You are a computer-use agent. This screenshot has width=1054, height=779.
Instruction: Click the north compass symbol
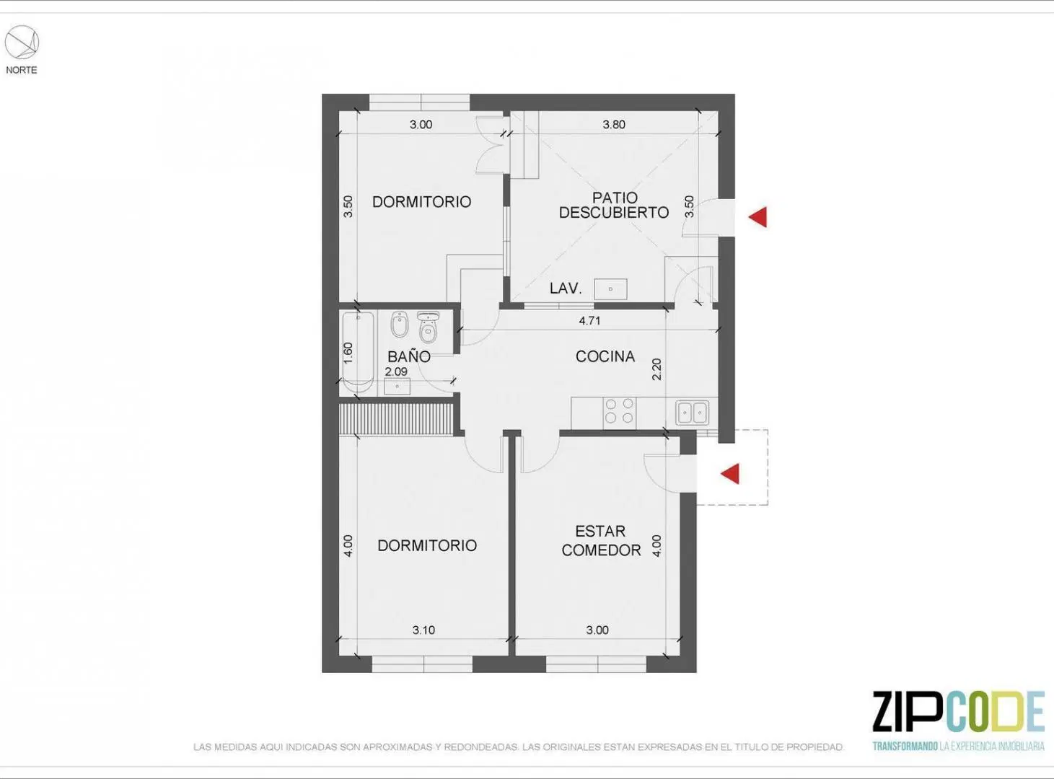22,43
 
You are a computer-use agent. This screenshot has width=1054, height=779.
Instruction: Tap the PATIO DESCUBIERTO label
614,205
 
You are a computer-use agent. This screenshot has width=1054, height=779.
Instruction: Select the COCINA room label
605,356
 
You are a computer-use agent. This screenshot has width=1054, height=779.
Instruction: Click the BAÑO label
408,356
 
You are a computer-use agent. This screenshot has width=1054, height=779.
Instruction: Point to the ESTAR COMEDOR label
601,540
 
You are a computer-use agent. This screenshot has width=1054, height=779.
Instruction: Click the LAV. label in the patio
566,288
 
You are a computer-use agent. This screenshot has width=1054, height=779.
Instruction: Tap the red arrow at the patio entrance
757,216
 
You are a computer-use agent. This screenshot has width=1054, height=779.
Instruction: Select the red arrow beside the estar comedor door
730,474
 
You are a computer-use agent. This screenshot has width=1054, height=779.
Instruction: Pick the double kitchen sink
693,412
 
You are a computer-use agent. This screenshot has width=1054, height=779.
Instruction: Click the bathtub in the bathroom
358,352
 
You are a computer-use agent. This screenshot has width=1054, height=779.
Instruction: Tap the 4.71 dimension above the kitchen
589,321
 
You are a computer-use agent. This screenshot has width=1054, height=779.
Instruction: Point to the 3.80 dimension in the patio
614,125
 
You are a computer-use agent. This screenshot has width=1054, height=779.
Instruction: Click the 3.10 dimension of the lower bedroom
423,630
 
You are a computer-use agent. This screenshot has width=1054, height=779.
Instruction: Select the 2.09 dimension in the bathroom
396,371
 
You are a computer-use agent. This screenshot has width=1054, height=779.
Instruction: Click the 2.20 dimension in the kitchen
656,369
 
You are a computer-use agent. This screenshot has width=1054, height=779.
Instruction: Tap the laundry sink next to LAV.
610,289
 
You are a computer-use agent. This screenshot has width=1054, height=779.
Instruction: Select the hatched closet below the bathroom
396,419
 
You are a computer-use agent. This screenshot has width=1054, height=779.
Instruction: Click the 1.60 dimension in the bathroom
348,353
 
